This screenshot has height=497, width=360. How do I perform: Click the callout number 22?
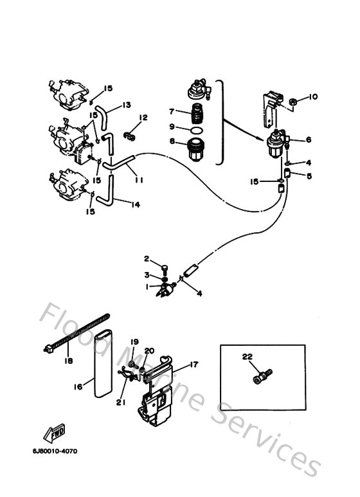(248, 357)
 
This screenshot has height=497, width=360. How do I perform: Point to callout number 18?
(68, 361)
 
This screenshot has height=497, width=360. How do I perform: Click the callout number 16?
(78, 386)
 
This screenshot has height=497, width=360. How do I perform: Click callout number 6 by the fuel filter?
(308, 139)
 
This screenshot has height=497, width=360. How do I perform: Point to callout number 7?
(172, 112)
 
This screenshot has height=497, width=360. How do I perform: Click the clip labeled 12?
(130, 136)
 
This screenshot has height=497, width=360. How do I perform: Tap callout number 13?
(126, 105)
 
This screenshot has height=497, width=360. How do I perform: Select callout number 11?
(139, 181)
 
